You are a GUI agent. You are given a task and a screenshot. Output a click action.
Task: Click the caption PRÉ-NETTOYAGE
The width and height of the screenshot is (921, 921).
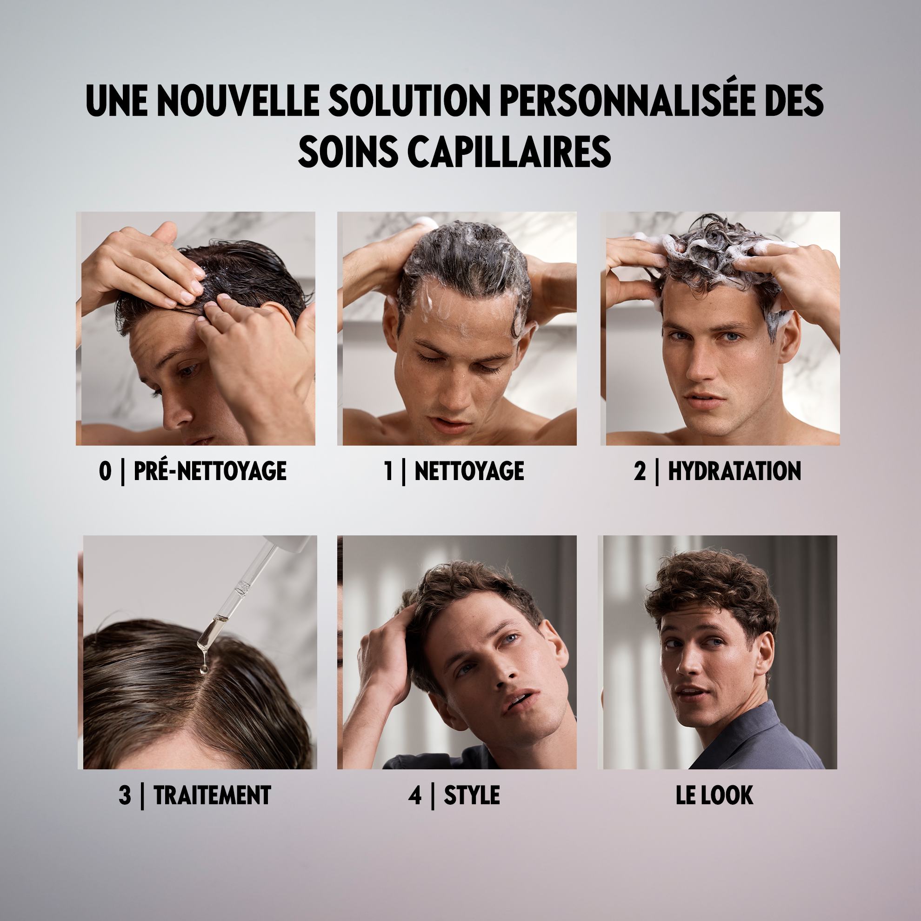point(210,471)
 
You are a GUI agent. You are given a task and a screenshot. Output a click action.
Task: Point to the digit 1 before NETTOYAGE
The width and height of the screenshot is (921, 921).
point(388,471)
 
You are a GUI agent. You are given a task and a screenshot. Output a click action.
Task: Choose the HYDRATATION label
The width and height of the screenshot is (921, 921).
point(734,471)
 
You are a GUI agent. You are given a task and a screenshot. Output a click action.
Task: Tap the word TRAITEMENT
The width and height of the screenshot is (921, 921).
point(212,795)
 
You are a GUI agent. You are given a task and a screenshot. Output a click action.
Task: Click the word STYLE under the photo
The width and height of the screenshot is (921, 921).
point(472,795)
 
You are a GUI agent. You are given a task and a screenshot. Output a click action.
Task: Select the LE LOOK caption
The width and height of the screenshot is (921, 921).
point(714,795)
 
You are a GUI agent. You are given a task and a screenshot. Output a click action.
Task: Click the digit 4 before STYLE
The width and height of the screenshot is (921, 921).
point(415,795)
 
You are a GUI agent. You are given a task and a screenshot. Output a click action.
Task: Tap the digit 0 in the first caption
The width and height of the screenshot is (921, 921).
point(105,471)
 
